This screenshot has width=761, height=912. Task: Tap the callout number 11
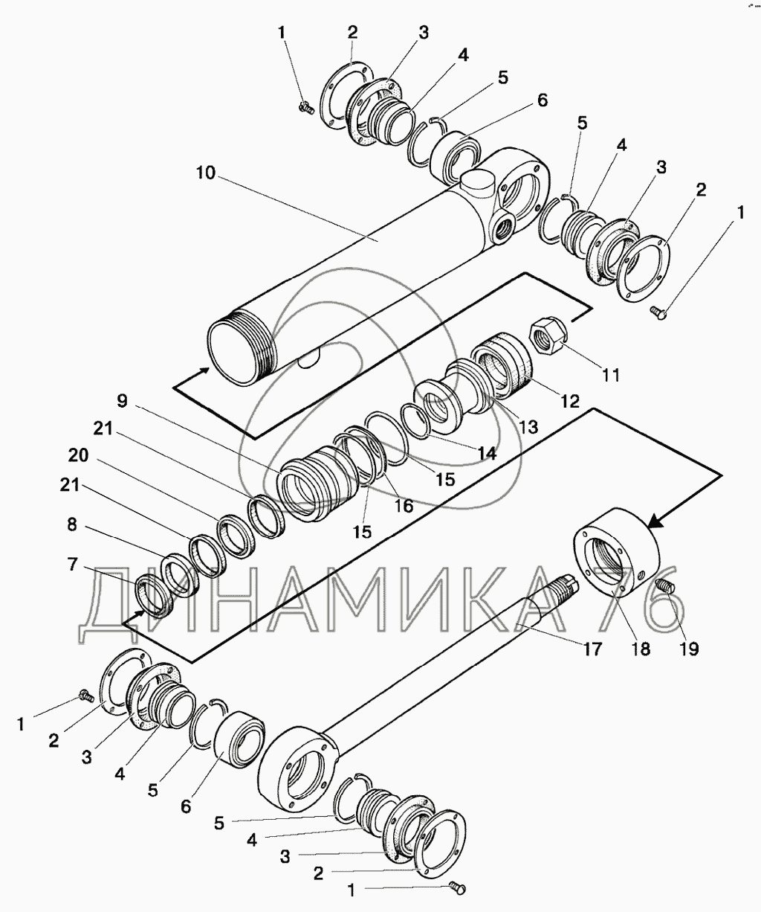click(x=610, y=374)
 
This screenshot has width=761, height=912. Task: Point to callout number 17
click(x=591, y=648)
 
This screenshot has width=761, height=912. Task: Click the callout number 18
click(x=640, y=648)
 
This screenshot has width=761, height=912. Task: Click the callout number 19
click(x=688, y=648)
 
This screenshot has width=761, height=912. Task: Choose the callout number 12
click(x=569, y=402)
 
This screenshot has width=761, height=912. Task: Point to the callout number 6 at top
click(x=543, y=100)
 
